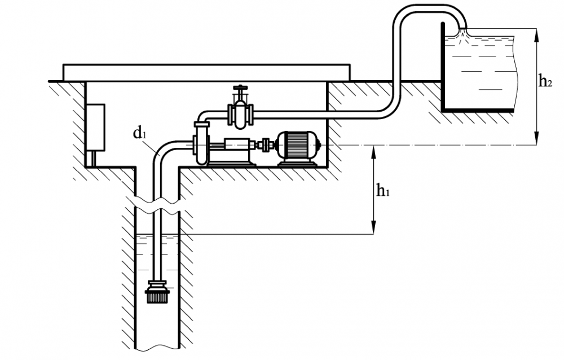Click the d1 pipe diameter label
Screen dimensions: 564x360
tap(139, 133)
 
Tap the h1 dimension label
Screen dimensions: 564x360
tap(383, 191)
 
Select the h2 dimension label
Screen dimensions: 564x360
tap(545, 82)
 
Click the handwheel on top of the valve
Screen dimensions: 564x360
tap(240, 87)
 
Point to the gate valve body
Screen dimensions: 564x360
tap(241, 114)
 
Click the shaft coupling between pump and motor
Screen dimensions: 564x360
tap(266, 145)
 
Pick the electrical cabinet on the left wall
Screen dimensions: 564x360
tap(95, 127)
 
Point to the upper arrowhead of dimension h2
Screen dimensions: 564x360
tap(537, 36)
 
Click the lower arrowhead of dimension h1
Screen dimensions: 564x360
tap(374, 227)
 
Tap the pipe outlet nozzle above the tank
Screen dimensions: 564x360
tap(462, 29)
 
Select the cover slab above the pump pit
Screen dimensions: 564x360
tap(206, 72)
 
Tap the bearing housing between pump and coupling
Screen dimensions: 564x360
tap(236, 145)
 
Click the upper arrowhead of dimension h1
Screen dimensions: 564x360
tap(374, 152)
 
